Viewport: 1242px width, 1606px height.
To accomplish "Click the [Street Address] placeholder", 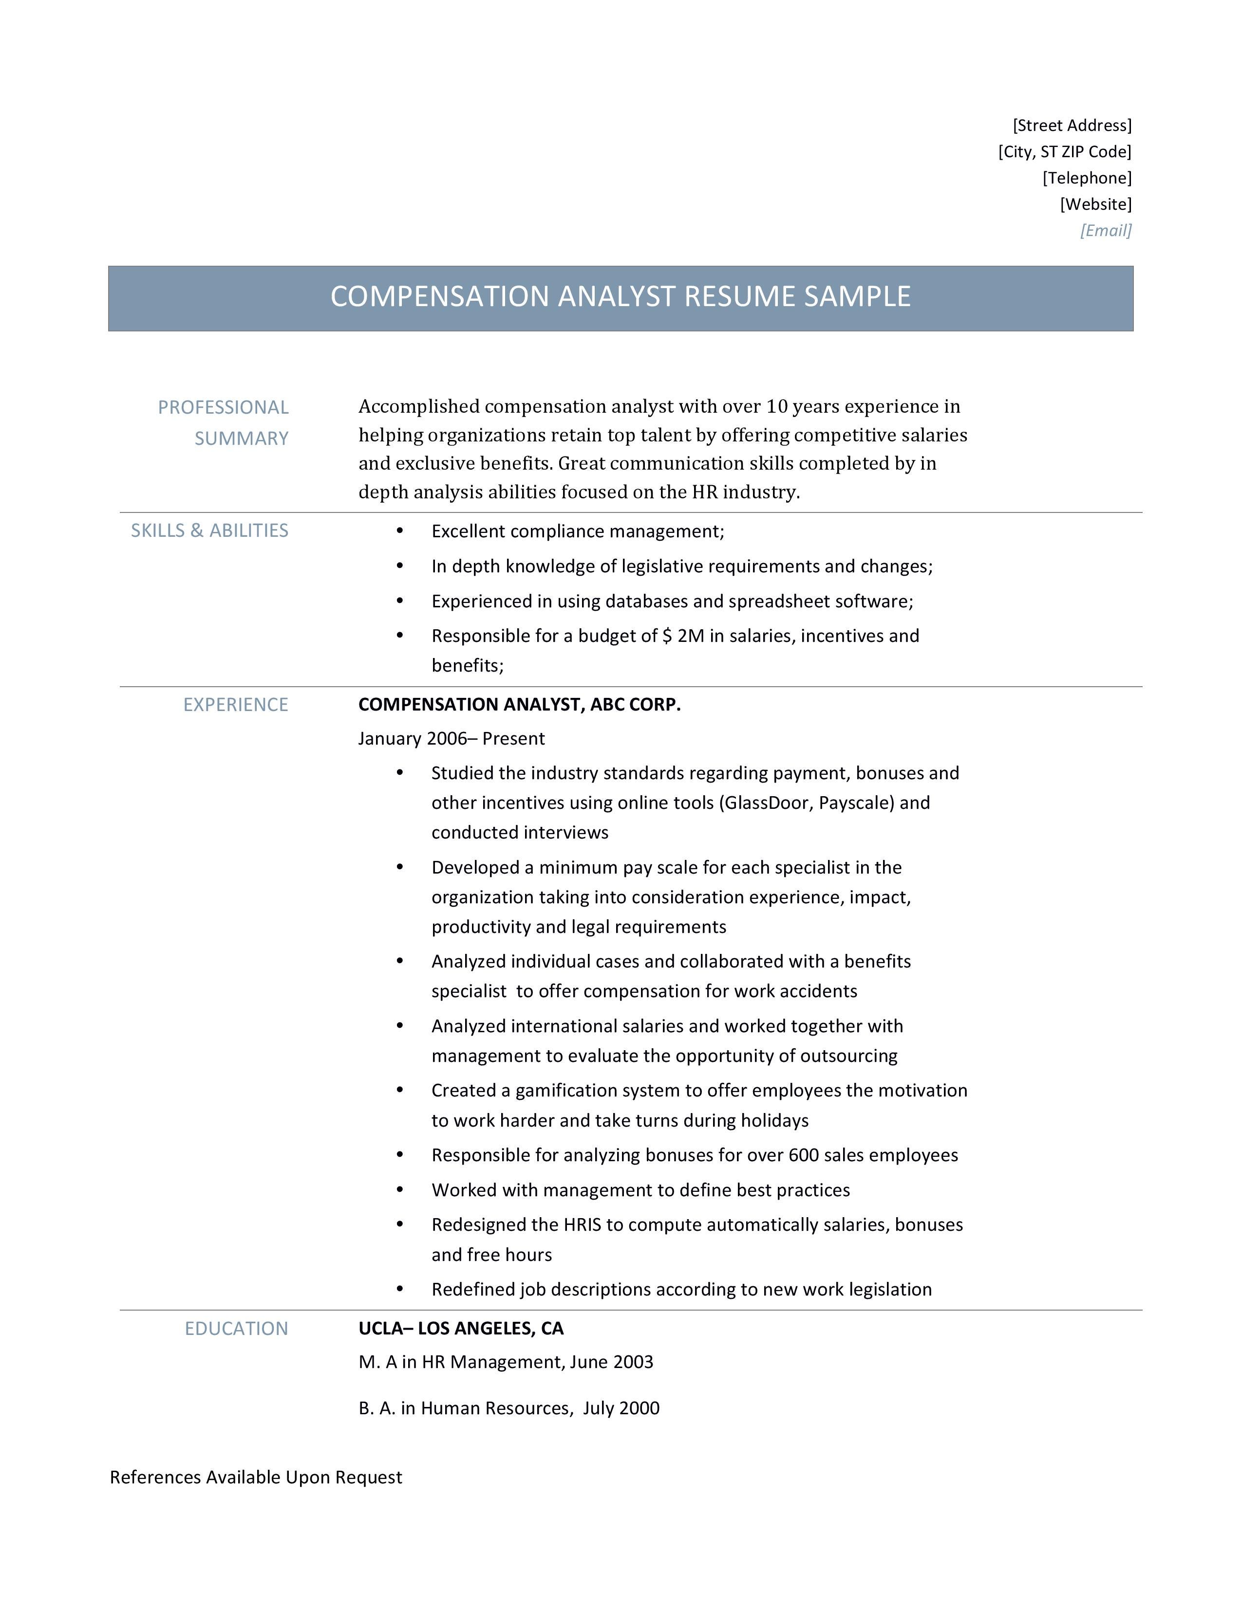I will [1072, 126].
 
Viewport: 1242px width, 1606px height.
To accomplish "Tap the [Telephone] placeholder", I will [1086, 178].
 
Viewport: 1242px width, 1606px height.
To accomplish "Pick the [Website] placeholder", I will [1095, 204].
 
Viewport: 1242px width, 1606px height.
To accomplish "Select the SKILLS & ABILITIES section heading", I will [210, 531].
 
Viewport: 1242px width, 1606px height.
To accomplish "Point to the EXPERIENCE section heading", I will [235, 705].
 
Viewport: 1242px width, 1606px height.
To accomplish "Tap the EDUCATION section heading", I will [236, 1329].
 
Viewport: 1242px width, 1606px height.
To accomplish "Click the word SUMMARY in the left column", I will [241, 439].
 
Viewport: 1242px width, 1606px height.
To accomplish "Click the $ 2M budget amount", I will [683, 636].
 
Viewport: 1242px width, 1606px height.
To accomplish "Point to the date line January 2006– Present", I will [451, 739].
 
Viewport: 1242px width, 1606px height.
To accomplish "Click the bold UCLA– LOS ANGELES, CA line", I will [461, 1329].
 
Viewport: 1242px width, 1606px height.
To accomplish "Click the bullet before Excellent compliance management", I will [399, 531].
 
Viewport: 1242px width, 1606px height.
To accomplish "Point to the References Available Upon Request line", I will [256, 1478].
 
